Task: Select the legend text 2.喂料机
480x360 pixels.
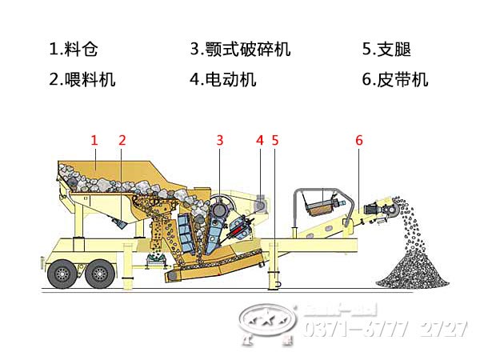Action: coord(82,79)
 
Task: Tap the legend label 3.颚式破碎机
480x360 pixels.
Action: coord(240,50)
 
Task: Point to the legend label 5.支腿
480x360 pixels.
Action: coord(386,50)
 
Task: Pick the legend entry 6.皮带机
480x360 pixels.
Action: coord(395,79)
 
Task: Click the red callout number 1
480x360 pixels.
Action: coord(94,140)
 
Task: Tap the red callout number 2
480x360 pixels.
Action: coord(122,140)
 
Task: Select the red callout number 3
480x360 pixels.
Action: coord(219,140)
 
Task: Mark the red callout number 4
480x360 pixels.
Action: coord(259,140)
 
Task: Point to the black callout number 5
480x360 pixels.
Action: coord(274,140)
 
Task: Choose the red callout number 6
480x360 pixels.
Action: coord(359,140)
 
